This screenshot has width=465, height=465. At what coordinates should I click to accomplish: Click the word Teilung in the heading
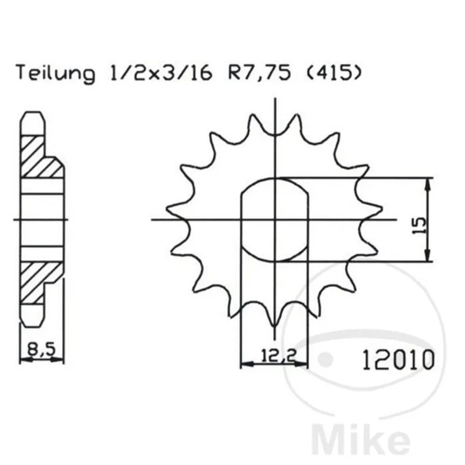[x=55, y=74]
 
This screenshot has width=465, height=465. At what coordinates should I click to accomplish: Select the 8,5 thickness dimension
[x=42, y=350]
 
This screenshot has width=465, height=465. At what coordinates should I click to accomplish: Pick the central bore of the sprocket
[x=274, y=220]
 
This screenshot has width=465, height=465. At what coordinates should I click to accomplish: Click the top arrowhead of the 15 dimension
[x=428, y=184]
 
